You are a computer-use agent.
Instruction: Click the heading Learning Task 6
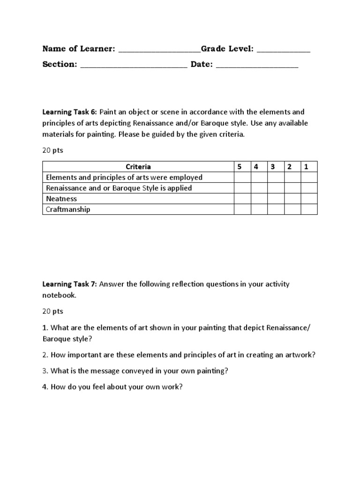69,112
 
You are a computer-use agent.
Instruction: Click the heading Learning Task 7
69,284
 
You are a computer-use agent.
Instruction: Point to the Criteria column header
138,166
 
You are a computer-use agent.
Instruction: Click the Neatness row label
61,199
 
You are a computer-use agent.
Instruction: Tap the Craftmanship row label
68,210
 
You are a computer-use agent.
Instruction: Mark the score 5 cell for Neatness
242,199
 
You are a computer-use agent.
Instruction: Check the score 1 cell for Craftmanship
308,210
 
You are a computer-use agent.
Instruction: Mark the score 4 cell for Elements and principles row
259,177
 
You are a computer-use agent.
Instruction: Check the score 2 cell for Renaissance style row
292,188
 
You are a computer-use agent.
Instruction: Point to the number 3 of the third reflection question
45,370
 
